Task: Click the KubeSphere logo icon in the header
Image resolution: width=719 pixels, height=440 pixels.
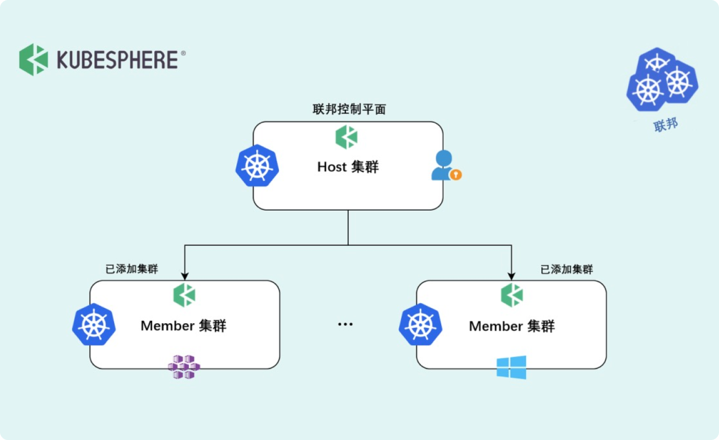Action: [33, 60]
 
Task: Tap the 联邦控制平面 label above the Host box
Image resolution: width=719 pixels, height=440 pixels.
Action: [349, 109]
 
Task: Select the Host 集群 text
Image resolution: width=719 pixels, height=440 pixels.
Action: [348, 167]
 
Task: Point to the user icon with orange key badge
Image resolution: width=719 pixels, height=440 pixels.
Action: [445, 166]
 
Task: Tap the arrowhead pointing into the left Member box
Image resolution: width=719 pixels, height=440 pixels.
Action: [184, 275]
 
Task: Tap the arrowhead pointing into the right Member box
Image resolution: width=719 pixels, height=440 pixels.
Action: [512, 275]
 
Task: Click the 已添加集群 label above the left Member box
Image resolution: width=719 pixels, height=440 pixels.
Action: [132, 269]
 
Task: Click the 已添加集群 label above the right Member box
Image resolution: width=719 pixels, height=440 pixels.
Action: [567, 269]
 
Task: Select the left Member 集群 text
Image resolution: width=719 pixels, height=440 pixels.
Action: [183, 326]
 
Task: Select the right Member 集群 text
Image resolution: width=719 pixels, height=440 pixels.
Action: [512, 326]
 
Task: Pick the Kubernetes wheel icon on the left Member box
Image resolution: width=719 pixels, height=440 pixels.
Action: [93, 325]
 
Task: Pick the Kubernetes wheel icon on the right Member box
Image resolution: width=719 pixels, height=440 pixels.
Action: [421, 325]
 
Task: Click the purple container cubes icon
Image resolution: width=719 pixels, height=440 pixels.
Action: [184, 366]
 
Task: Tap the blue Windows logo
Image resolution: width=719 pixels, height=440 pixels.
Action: [511, 367]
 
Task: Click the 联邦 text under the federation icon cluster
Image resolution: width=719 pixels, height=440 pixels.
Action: [666, 125]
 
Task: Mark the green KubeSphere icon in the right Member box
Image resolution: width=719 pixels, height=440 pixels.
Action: [512, 295]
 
